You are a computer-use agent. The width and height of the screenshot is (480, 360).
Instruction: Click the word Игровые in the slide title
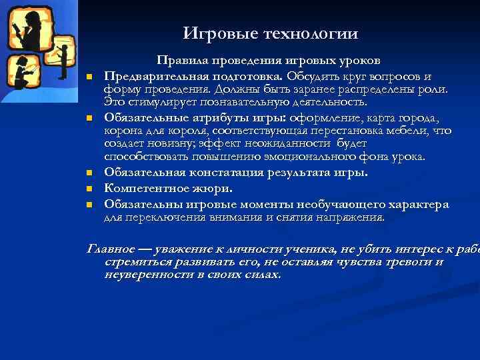click(x=213, y=33)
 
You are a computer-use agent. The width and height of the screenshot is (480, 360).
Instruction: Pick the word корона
click(x=121, y=131)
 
